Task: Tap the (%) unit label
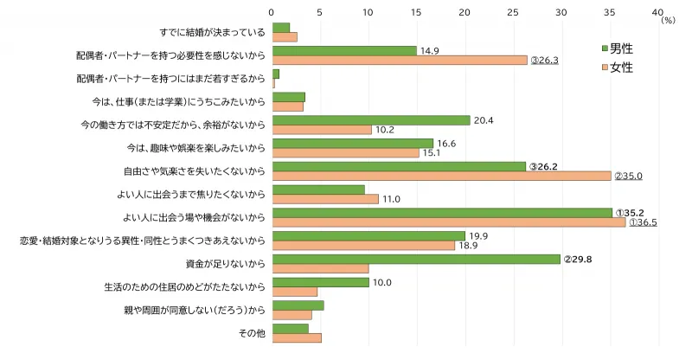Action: (667, 20)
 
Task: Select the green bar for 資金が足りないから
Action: (416, 259)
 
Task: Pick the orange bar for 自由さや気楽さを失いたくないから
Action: (441, 176)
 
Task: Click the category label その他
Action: (252, 333)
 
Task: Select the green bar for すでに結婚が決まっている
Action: (281, 28)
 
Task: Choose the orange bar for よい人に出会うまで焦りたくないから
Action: (325, 199)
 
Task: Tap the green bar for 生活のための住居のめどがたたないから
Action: (320, 282)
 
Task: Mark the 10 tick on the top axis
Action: (368, 12)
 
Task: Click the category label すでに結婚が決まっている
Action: (212, 33)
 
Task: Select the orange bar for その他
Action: (297, 337)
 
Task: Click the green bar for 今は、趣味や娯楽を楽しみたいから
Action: (352, 144)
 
